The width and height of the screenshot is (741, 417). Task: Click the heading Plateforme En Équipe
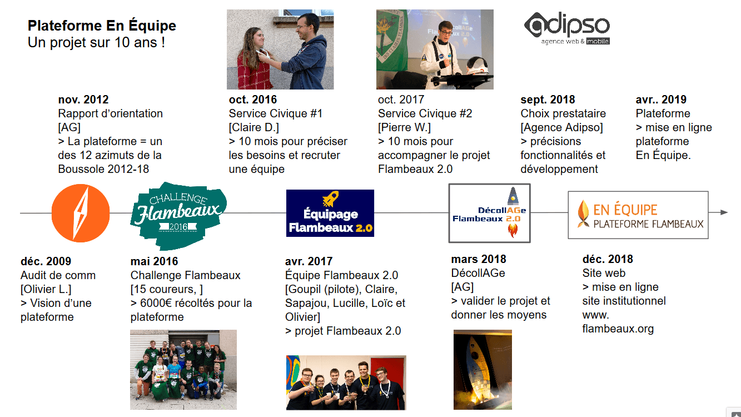pos(102,26)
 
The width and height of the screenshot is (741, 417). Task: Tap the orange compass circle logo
pos(81,213)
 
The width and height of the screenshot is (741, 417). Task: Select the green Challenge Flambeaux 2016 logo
pos(178,215)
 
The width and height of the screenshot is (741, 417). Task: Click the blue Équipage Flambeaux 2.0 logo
pos(330,213)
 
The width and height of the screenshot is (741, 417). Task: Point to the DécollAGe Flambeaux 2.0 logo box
pos(490,213)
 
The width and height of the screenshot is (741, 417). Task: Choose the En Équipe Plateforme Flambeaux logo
pos(638,215)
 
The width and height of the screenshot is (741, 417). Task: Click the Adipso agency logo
pos(567,28)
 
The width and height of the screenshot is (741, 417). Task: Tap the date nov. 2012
pos(83,100)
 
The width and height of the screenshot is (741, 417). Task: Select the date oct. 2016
pos(253,100)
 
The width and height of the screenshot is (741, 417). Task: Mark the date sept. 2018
pos(548,100)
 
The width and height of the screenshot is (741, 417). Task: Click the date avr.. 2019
pos(661,100)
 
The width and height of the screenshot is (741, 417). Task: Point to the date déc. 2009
pos(46,261)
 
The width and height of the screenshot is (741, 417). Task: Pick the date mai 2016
pos(154,261)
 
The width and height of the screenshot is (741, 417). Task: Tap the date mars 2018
pos(479,259)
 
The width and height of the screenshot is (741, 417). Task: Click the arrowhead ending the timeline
pos(724,212)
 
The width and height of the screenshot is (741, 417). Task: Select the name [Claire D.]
pos(254,127)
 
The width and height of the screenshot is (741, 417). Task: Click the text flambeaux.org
pos(618,329)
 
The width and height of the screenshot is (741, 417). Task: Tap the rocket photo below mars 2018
pos(483,370)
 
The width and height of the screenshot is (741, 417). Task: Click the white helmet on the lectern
pos(477,66)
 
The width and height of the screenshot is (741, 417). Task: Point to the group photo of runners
pos(183,370)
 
